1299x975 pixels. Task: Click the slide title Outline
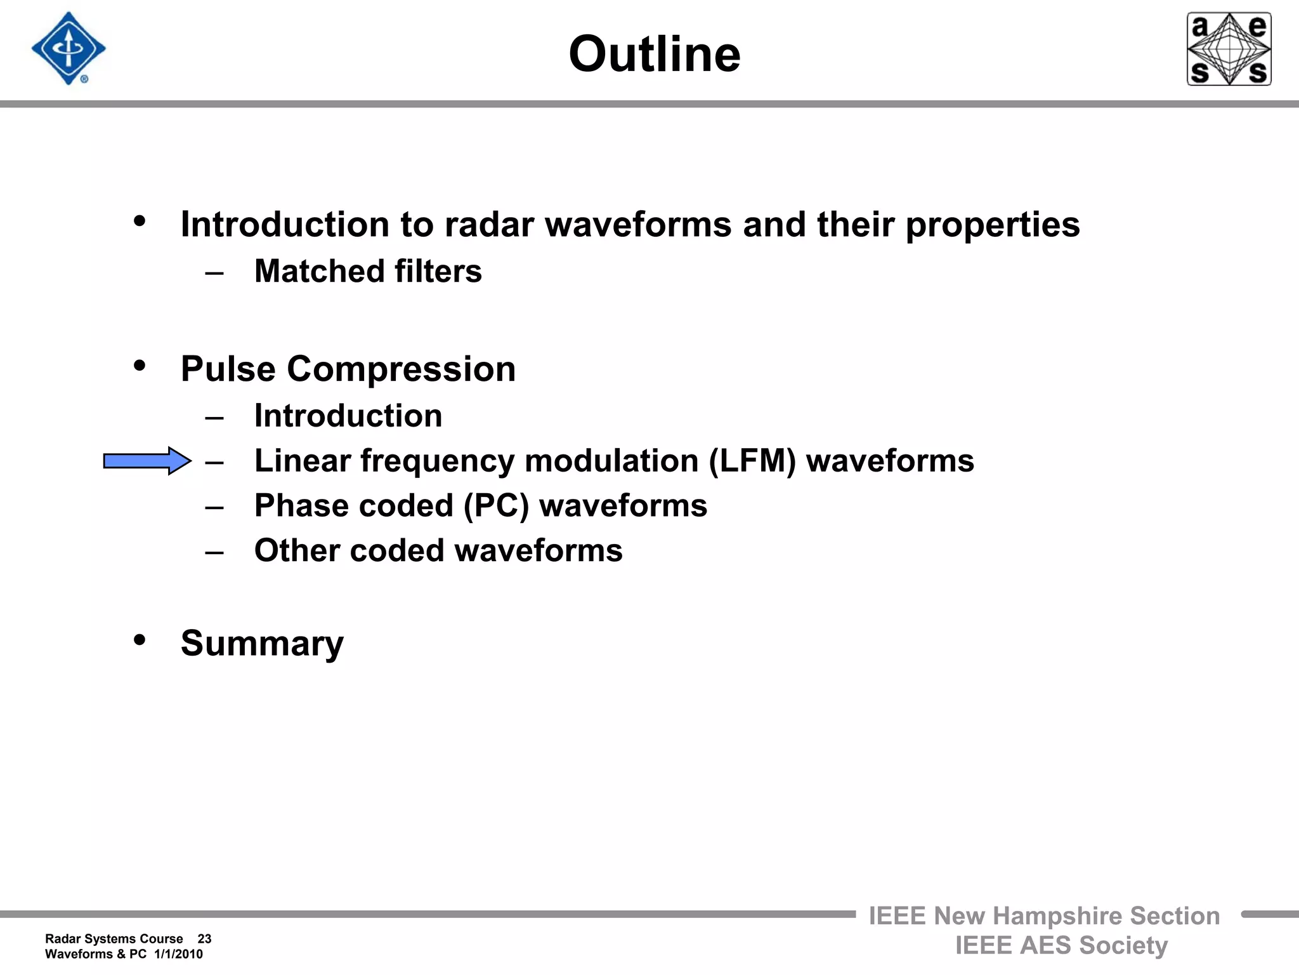[x=655, y=55]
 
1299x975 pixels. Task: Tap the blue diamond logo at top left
[x=69, y=48]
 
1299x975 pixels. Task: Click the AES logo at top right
[x=1229, y=49]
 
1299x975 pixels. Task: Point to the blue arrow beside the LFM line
[x=147, y=461]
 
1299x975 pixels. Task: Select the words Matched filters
[x=368, y=272]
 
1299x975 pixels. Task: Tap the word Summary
[x=262, y=644]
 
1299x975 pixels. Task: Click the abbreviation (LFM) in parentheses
[x=752, y=461]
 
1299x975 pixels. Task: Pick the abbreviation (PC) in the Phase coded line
[x=496, y=507]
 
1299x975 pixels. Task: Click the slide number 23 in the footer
[x=204, y=939]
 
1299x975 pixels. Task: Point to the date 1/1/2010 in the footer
[x=178, y=954]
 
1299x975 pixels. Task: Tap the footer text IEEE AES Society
[x=1061, y=946]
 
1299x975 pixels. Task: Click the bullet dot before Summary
[x=140, y=640]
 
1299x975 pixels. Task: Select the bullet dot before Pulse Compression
[x=140, y=366]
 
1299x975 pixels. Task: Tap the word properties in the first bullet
[x=993, y=226]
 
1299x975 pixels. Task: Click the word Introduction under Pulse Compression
[x=348, y=416]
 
